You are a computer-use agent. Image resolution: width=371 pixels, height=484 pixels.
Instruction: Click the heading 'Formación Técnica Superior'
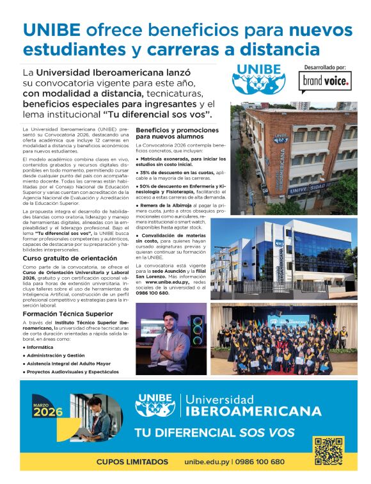68,314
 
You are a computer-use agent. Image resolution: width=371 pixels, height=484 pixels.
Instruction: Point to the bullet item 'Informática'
42,346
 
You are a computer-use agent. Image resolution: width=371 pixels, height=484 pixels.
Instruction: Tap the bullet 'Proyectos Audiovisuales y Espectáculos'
72,371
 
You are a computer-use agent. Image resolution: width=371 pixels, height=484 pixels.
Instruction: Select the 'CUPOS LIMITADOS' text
132,462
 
